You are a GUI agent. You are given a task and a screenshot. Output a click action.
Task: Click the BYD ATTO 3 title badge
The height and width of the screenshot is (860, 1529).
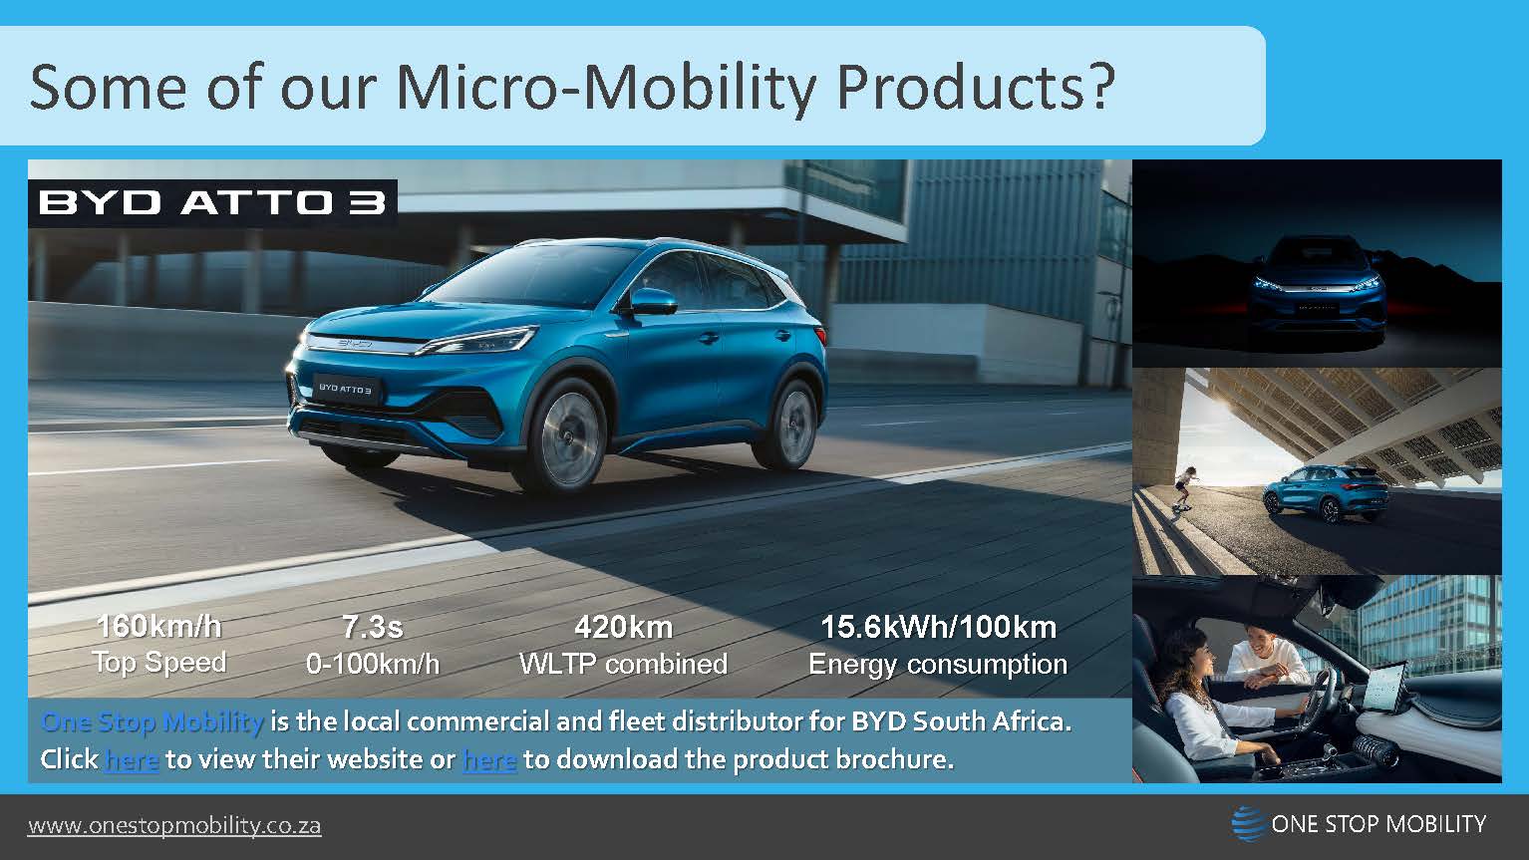pos(212,203)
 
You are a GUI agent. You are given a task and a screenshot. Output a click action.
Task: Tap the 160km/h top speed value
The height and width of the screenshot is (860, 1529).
pos(158,627)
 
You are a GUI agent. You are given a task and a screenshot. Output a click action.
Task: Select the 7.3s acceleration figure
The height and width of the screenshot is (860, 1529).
pos(372,627)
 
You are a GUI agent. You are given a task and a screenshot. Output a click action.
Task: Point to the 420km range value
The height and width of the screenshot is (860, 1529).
pos(623,627)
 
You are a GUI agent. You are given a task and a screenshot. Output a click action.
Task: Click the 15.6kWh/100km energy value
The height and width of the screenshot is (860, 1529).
pos(937,627)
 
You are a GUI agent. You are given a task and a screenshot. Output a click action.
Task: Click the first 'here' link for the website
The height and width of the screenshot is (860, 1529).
pos(131,759)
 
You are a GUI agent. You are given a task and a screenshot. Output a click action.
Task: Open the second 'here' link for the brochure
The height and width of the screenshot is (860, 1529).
pos(489,759)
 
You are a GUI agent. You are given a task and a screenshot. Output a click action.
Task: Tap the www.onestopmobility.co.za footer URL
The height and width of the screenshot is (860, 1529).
pos(174,826)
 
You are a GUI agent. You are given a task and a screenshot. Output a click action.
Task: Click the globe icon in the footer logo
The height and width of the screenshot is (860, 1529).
pos(1247,824)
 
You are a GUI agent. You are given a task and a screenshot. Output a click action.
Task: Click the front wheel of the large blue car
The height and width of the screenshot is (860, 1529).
pos(567,435)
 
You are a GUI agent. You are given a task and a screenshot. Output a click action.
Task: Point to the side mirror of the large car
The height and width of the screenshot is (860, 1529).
pos(650,301)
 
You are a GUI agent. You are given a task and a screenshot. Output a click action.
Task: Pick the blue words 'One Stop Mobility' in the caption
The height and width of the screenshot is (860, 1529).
pos(153,721)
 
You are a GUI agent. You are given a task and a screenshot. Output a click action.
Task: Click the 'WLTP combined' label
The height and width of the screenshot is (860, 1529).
pos(623,664)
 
